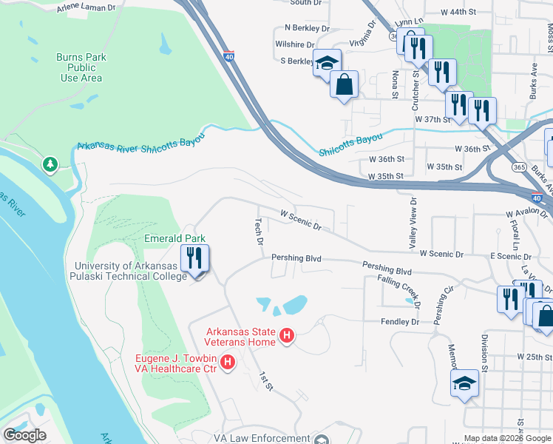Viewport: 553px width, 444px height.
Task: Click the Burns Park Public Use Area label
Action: pyautogui.click(x=81, y=67)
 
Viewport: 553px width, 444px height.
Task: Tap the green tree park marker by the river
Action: pyautogui.click(x=50, y=164)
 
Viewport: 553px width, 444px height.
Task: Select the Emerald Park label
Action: pyautogui.click(x=174, y=238)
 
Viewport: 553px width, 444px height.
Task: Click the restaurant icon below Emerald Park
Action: pyautogui.click(x=195, y=259)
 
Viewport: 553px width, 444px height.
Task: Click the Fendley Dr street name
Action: pyautogui.click(x=399, y=322)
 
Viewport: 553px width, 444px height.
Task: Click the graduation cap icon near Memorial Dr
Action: pyautogui.click(x=464, y=383)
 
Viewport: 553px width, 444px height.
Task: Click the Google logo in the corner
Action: pyautogui.click(x=24, y=435)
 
